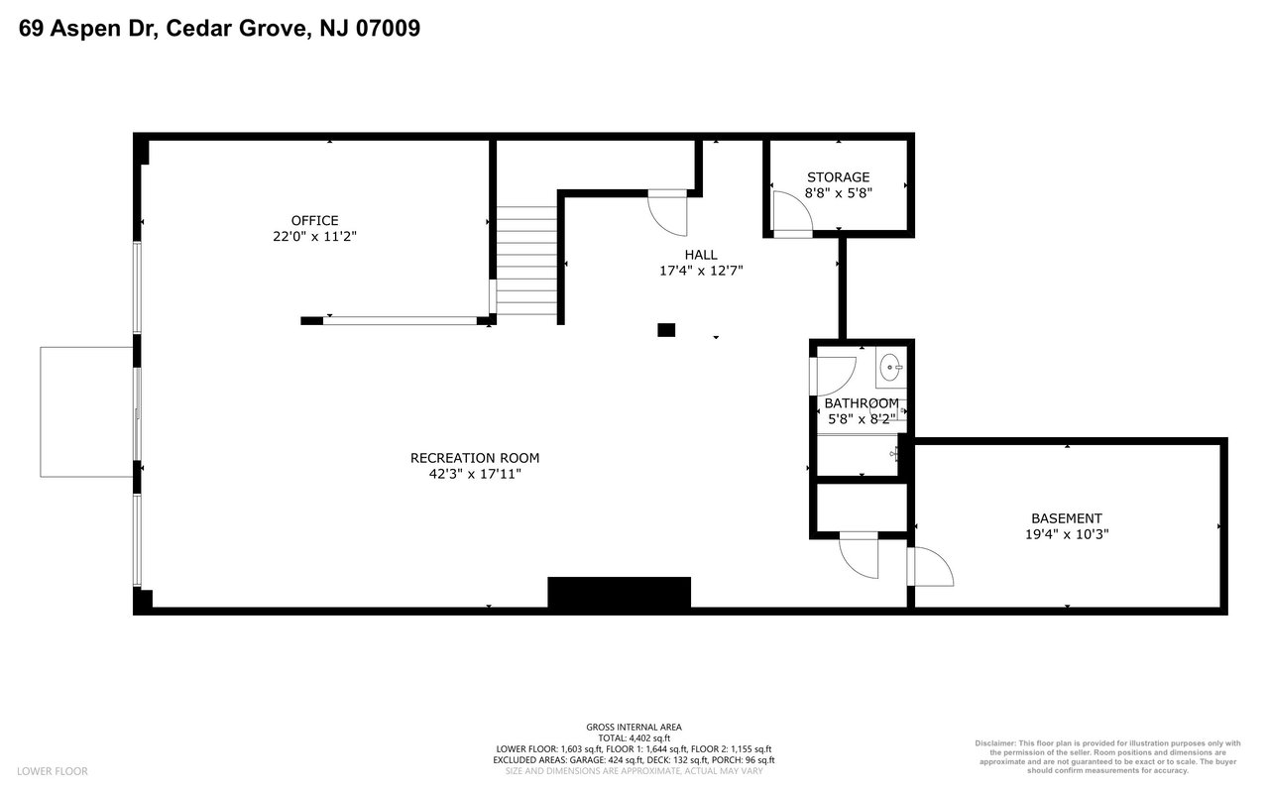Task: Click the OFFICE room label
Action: click(x=315, y=220)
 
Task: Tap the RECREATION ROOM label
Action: click(x=475, y=458)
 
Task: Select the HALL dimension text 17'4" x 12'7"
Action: click(x=701, y=271)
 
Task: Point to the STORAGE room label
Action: click(x=839, y=177)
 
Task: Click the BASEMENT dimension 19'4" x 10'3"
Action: click(x=1067, y=534)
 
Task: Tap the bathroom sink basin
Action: click(x=891, y=367)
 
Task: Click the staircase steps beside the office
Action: click(x=526, y=260)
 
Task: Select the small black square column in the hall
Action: click(x=666, y=330)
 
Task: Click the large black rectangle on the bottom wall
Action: click(x=620, y=592)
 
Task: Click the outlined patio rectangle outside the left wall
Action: click(x=86, y=412)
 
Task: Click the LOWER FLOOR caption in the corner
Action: click(x=53, y=771)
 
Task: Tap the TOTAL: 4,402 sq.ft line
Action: click(x=634, y=738)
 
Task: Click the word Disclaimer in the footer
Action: click(x=994, y=743)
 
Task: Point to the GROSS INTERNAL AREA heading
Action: click(x=634, y=727)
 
